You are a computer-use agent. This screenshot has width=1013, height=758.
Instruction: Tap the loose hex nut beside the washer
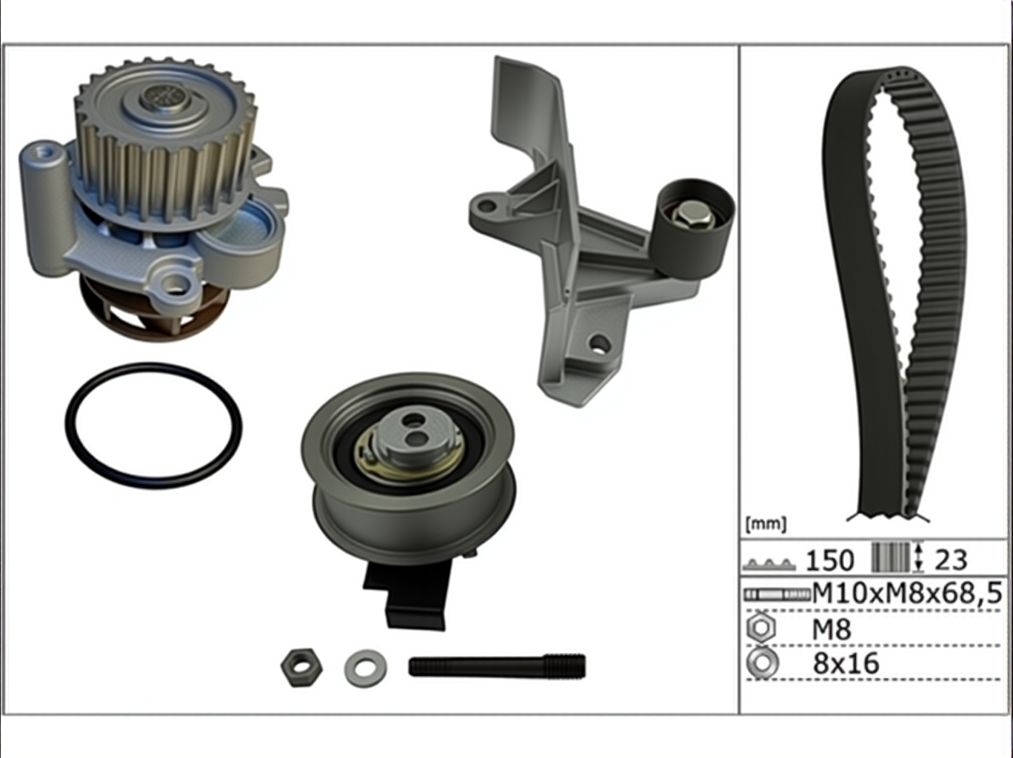tap(302, 667)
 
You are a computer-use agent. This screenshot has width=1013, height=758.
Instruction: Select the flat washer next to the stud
tap(366, 668)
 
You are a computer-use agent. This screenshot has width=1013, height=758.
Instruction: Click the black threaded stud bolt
tap(497, 667)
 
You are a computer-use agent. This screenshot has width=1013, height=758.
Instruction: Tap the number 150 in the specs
tap(830, 560)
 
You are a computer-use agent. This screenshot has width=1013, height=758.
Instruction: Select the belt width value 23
tap(951, 560)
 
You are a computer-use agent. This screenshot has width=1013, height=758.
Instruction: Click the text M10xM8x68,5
tap(907, 593)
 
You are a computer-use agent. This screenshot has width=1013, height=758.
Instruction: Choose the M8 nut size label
tap(832, 629)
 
